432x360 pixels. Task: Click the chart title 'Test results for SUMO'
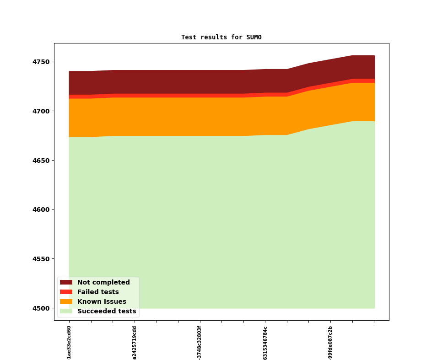coord(221,37)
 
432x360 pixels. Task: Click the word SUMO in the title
coord(254,37)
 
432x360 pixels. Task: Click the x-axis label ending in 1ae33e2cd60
coord(69,342)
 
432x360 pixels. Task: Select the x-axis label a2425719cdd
coord(135,343)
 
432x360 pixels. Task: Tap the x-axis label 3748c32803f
coord(200,343)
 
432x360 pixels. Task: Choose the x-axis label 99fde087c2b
coord(330,343)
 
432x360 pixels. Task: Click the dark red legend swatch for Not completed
coord(66,283)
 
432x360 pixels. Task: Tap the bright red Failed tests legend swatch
coord(66,292)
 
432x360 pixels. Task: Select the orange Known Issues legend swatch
coord(66,302)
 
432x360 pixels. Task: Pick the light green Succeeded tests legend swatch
coord(66,312)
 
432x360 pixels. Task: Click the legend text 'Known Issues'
coord(102,302)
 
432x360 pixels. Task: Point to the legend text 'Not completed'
coord(103,283)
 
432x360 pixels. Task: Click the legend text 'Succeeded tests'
coord(107,312)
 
